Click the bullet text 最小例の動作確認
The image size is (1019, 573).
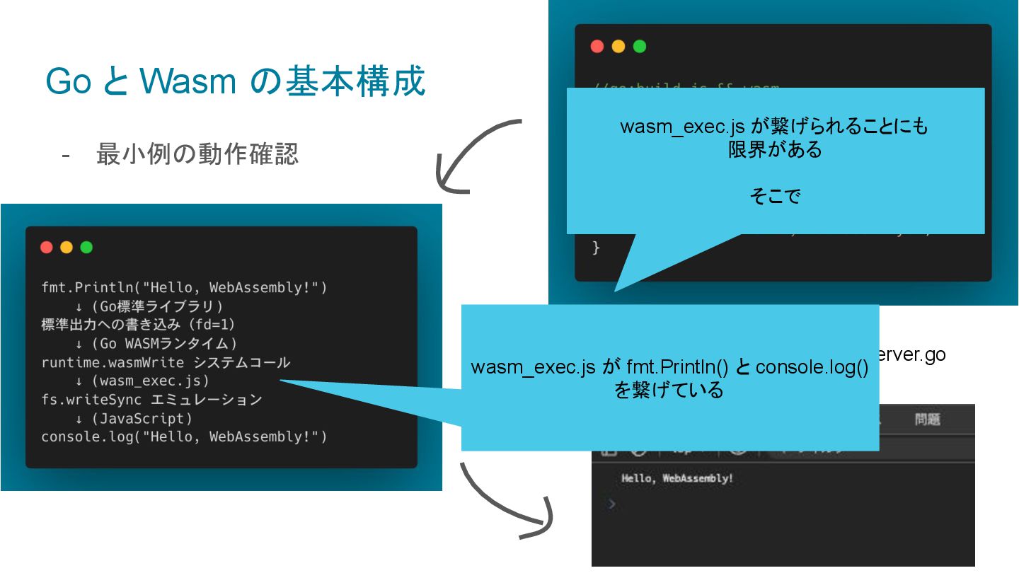pos(197,154)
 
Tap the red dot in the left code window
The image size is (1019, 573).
pos(47,247)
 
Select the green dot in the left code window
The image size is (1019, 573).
pos(86,247)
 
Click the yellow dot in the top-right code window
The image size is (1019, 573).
pos(618,47)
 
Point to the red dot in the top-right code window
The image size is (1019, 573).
pos(597,47)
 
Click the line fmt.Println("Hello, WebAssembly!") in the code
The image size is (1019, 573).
pos(184,288)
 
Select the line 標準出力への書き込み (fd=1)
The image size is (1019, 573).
pos(138,325)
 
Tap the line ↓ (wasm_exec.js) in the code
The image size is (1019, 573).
pos(142,381)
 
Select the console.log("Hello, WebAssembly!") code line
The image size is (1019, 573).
pos(184,437)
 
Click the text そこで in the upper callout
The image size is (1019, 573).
pos(775,197)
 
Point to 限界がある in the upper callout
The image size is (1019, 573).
pos(775,150)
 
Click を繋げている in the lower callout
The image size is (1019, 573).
pos(669,390)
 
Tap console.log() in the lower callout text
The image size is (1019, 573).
pos(812,369)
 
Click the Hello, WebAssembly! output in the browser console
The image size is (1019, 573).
pos(677,479)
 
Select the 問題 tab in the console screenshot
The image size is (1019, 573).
pos(927,419)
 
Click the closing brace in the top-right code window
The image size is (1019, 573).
pos(596,248)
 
